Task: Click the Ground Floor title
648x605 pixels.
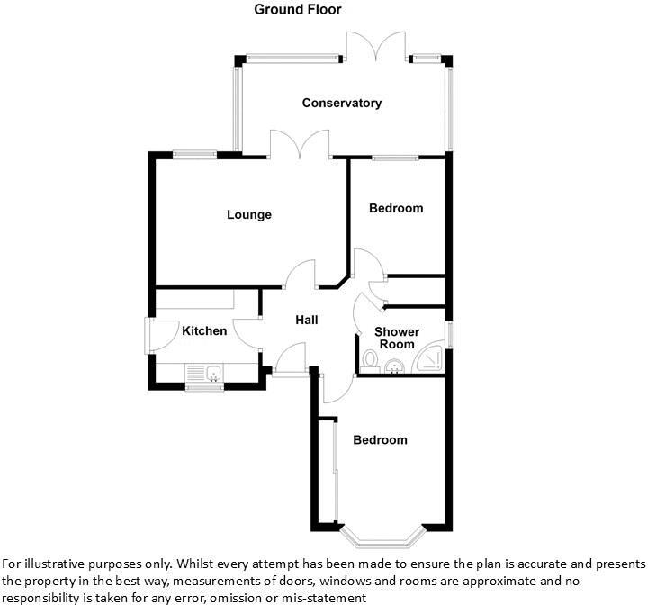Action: point(298,9)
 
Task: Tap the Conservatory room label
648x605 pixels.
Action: point(342,103)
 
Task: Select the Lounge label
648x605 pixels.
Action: point(249,214)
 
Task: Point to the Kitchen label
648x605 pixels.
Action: point(204,330)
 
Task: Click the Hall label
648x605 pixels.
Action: point(307,320)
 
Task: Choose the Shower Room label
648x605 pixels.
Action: point(397,338)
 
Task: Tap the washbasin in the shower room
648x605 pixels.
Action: point(395,366)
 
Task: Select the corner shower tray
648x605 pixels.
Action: point(430,357)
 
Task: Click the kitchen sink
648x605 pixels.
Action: point(205,373)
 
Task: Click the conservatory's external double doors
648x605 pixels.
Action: point(376,46)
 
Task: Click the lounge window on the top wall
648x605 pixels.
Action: point(194,155)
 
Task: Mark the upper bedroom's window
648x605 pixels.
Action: point(395,158)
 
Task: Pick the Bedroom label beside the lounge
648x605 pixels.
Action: point(396,208)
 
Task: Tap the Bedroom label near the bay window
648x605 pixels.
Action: point(380,439)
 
